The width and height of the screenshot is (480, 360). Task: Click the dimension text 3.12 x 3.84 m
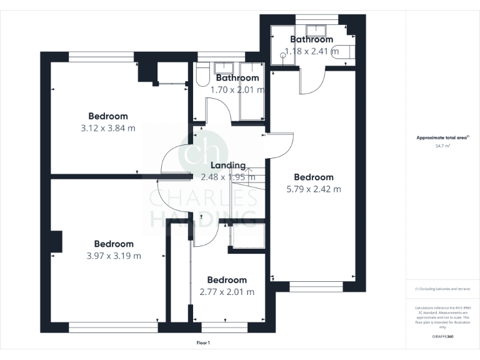[x=108, y=128]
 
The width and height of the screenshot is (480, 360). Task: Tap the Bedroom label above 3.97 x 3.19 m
[x=114, y=244]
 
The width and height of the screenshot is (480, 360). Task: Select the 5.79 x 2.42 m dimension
[x=314, y=189]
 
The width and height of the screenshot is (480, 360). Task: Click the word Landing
[x=227, y=166]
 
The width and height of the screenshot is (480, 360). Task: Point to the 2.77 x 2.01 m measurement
[x=227, y=292]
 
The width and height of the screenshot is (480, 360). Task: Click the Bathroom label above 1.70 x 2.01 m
[x=237, y=78]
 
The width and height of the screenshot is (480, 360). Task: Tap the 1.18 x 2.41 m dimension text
[x=311, y=51]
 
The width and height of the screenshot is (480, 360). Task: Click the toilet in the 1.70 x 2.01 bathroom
[x=201, y=76]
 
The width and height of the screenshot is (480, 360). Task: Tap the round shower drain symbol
[x=283, y=54]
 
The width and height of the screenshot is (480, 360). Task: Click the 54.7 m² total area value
[x=442, y=146]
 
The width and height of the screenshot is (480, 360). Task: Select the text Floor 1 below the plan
[x=203, y=342]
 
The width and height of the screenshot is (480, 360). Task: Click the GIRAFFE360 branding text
[x=442, y=337]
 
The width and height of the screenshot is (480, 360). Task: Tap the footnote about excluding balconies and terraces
[x=442, y=289]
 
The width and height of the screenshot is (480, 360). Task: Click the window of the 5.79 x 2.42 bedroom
[x=316, y=287]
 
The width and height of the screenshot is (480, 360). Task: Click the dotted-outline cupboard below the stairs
[x=248, y=236]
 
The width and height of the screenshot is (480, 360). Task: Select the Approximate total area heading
[x=442, y=137]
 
